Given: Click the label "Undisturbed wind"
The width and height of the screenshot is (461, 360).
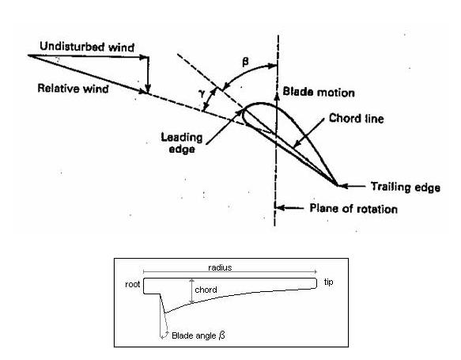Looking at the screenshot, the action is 87,47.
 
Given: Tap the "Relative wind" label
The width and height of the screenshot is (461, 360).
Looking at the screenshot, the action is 73,89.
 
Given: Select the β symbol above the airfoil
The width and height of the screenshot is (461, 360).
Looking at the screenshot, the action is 245,62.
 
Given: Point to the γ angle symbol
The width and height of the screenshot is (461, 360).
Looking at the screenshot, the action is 202,93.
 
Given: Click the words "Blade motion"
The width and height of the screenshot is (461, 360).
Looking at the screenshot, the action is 319,92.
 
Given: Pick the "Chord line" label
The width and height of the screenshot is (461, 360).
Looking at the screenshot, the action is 357,118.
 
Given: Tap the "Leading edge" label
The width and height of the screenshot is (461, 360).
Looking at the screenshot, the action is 182,143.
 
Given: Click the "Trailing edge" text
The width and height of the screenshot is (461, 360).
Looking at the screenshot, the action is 406,187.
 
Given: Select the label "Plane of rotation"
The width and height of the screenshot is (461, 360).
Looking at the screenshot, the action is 353,209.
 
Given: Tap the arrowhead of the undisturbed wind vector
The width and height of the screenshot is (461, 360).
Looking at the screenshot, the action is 143,57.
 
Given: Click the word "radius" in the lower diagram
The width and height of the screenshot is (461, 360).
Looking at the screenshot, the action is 220,267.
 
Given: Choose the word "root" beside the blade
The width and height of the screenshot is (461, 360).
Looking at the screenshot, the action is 133,284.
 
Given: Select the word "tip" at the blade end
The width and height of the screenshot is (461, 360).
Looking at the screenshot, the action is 328,282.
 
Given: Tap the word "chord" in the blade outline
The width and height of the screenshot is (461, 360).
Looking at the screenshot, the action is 206,290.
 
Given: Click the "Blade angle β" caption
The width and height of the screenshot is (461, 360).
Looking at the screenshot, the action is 198,335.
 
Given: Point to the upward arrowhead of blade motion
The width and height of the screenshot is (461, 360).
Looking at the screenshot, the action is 277,95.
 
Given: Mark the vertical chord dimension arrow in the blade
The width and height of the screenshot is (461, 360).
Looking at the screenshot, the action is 191,291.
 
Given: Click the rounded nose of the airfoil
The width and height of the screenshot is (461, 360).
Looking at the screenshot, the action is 244,116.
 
